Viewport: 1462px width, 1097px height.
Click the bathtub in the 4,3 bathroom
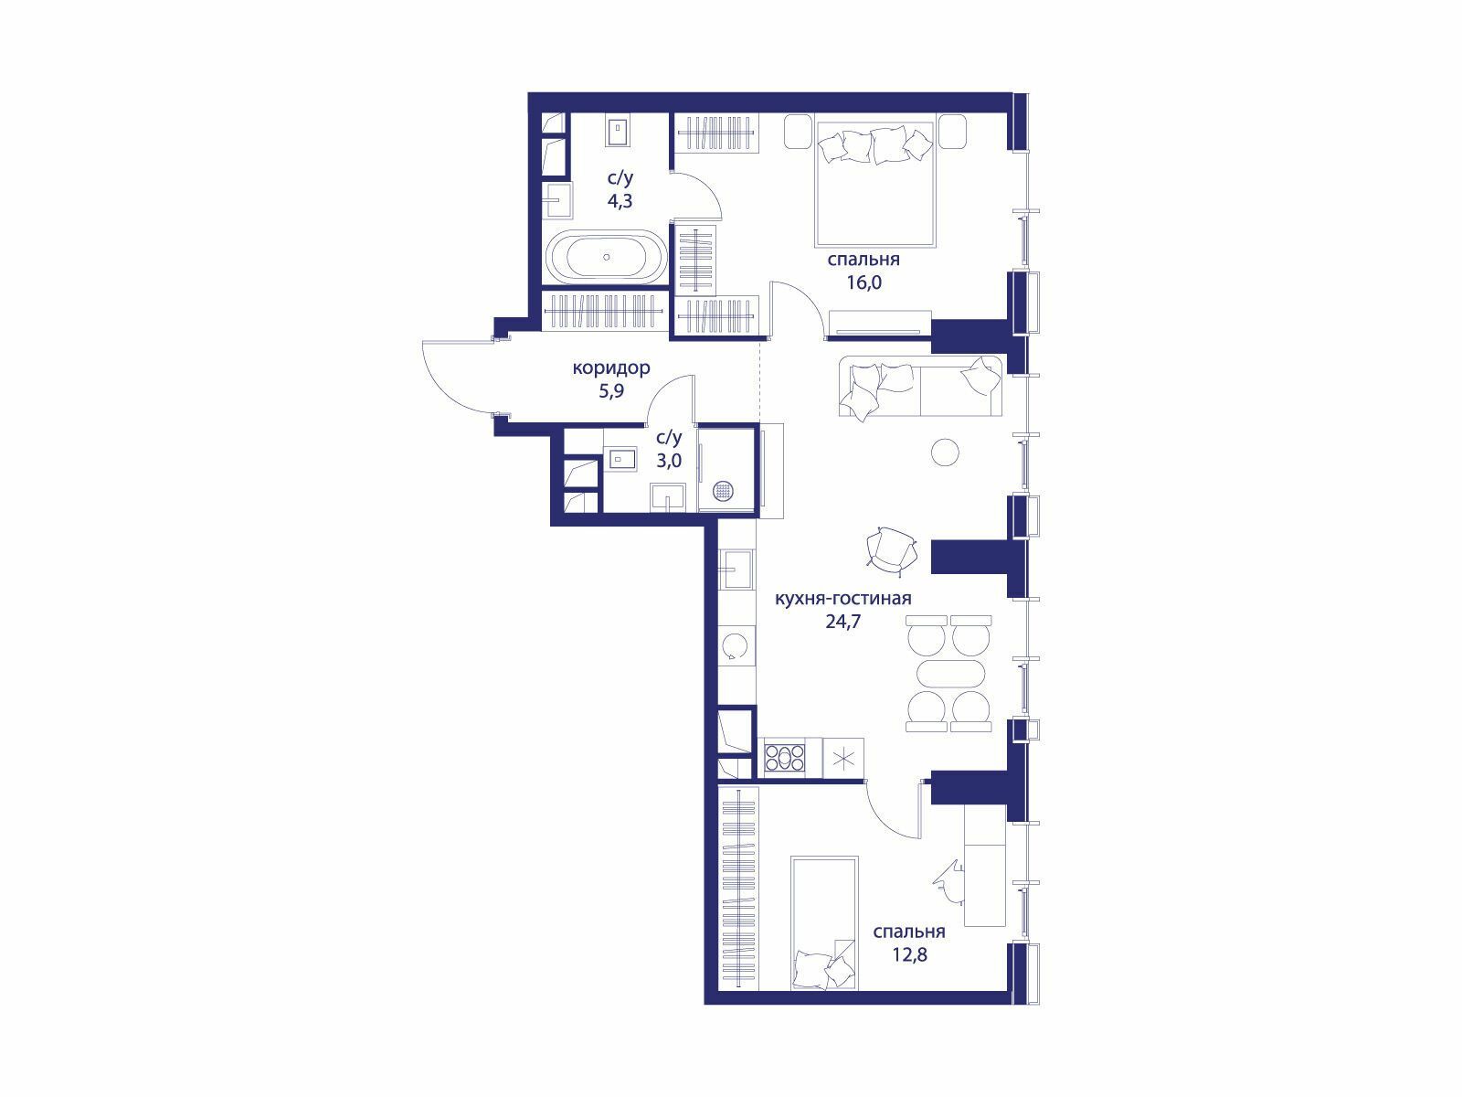[x=606, y=258]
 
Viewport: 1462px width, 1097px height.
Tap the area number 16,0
[x=863, y=282]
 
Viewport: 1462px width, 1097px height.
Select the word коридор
[x=611, y=367]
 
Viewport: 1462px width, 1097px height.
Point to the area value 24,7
[x=843, y=622]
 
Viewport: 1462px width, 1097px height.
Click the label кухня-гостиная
[x=842, y=598]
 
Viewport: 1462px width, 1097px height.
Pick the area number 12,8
[x=910, y=955]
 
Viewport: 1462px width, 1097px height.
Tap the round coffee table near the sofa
[x=945, y=453]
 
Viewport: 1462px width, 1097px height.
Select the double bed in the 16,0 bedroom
[x=874, y=184]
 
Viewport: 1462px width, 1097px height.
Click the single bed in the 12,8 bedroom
[x=824, y=923]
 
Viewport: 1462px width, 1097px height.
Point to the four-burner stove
[x=785, y=757]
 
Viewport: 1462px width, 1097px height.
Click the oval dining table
[x=948, y=674]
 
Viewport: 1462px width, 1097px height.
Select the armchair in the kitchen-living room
[x=891, y=551]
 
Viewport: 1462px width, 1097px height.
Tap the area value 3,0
[x=669, y=460]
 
